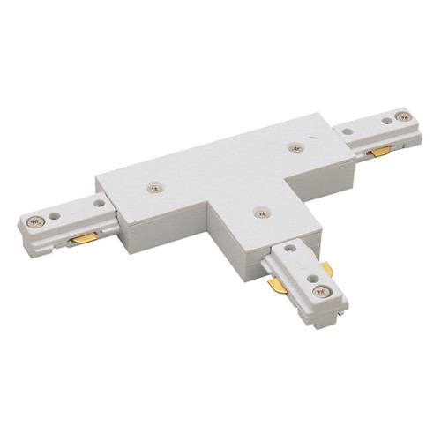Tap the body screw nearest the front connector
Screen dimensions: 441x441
[258, 212]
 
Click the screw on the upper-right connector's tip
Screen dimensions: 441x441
[406, 116]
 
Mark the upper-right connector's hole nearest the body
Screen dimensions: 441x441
[347, 132]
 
